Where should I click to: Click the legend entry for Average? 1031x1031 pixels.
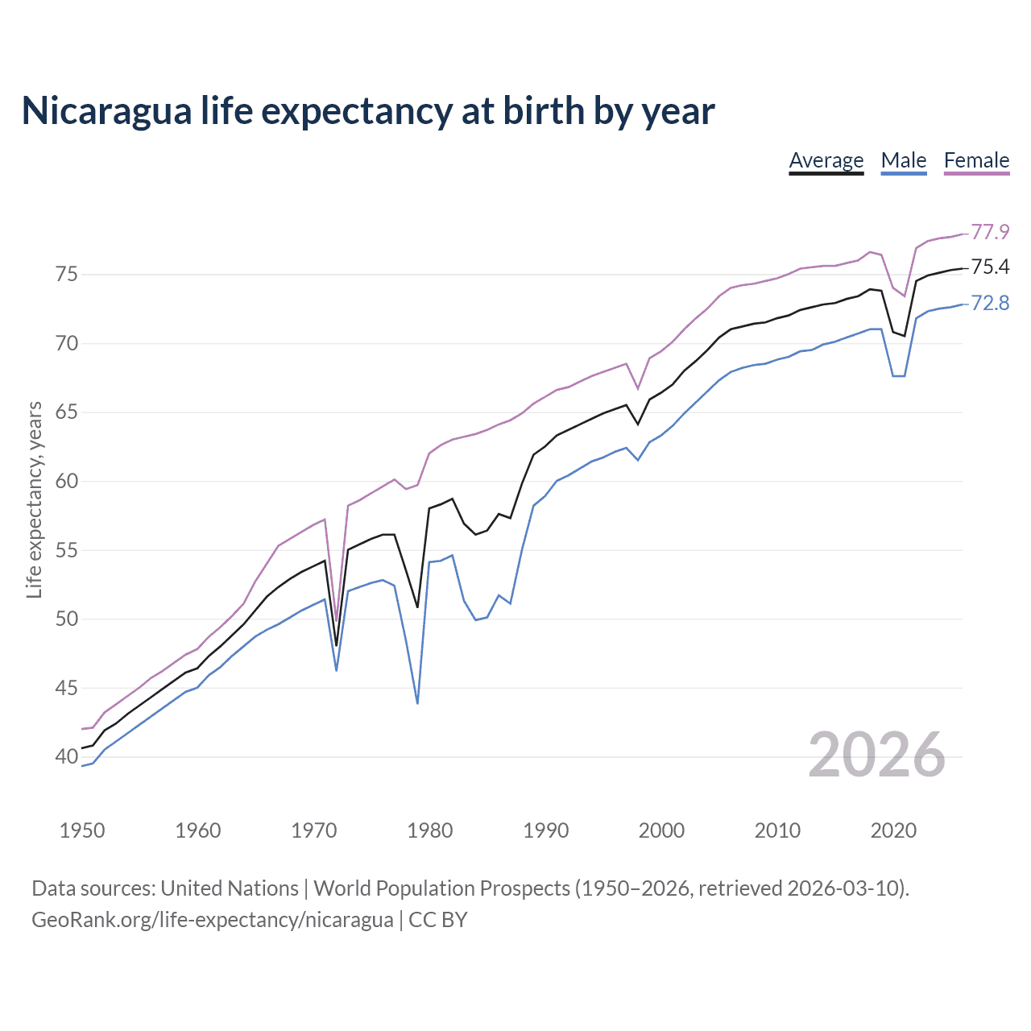pos(826,160)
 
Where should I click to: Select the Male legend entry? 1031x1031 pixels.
pos(904,160)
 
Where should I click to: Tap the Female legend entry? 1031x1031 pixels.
pos(976,160)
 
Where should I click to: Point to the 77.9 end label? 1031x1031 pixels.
pos(990,232)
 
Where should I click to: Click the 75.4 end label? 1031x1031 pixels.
pos(990,267)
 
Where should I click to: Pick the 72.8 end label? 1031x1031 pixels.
pos(990,303)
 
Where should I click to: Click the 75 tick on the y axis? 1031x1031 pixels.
pos(66,275)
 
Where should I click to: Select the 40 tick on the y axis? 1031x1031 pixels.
pos(66,757)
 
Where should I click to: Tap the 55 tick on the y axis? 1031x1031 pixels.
pos(66,551)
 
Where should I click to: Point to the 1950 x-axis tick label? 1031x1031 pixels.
pos(82,830)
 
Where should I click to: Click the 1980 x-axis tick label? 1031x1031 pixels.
pos(429,830)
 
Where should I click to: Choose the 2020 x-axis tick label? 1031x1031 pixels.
pos(893,830)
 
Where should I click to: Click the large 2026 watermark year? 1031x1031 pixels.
pos(876,755)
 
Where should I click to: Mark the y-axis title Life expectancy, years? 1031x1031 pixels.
pos(34,499)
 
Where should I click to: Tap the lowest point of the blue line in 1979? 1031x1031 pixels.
pos(417,703)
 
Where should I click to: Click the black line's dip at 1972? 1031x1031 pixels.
pos(337,645)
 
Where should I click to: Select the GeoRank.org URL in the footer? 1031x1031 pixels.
pos(212,919)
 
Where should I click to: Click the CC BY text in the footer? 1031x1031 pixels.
pos(437,919)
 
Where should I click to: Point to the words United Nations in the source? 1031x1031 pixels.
pos(230,888)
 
